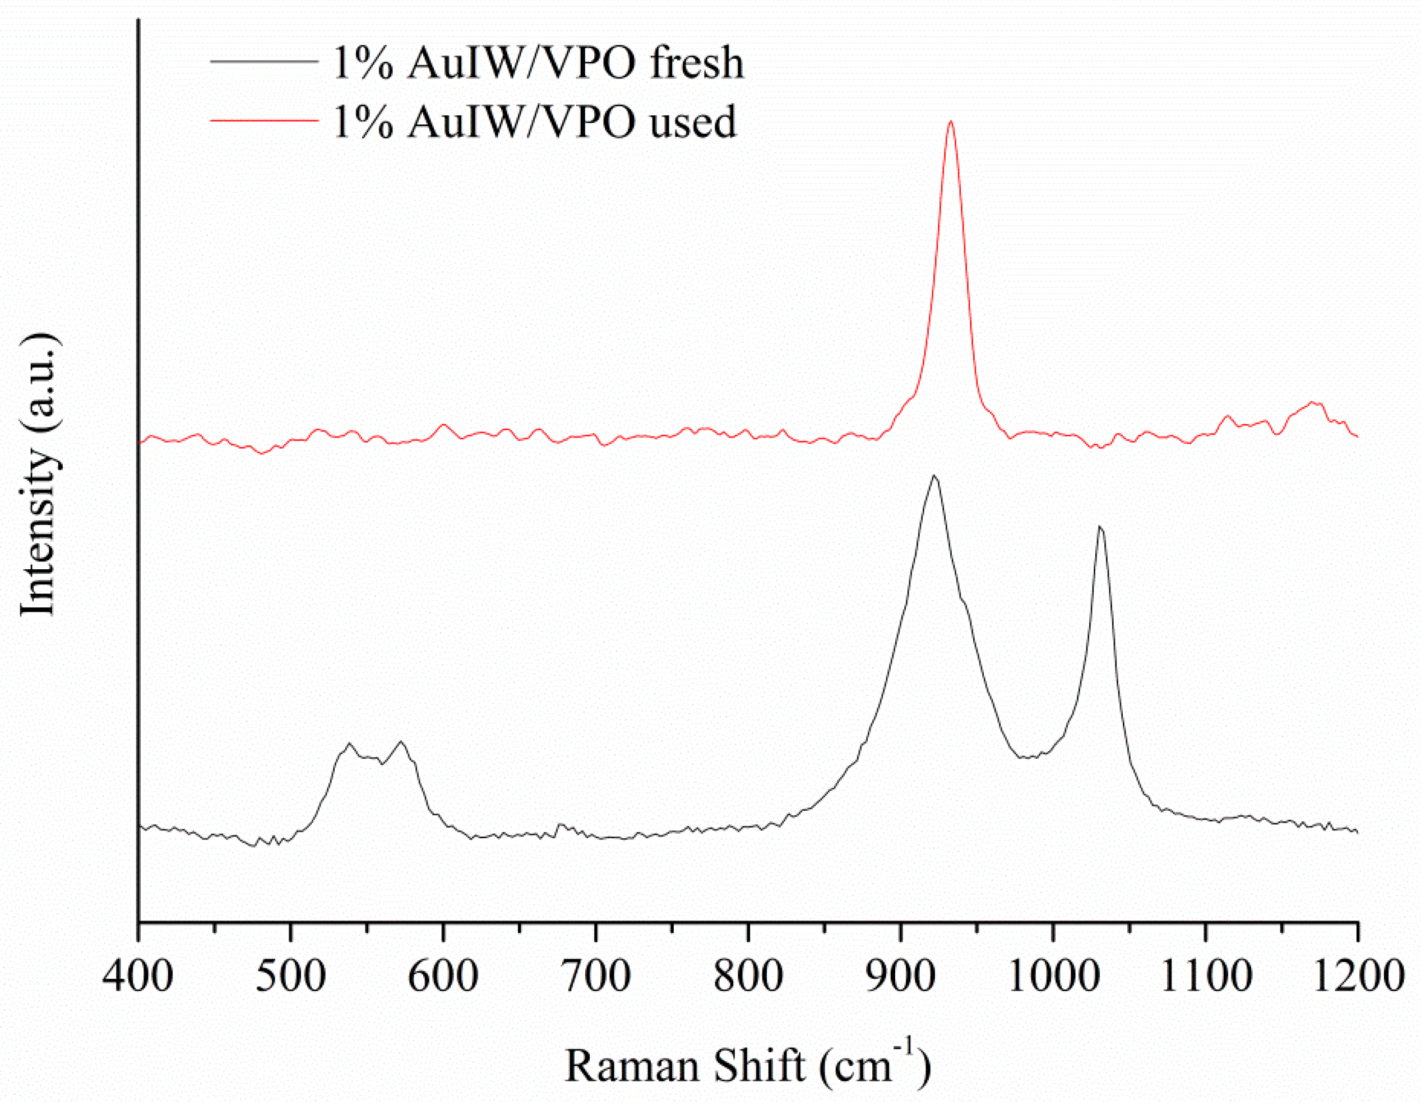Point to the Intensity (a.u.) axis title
[x=38, y=475]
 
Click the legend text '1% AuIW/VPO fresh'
[x=538, y=63]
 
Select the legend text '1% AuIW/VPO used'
[x=534, y=121]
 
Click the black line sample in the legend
[x=264, y=62]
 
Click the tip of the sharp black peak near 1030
[x=1100, y=526]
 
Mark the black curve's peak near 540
[x=349, y=743]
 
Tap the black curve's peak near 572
[x=401, y=742]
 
